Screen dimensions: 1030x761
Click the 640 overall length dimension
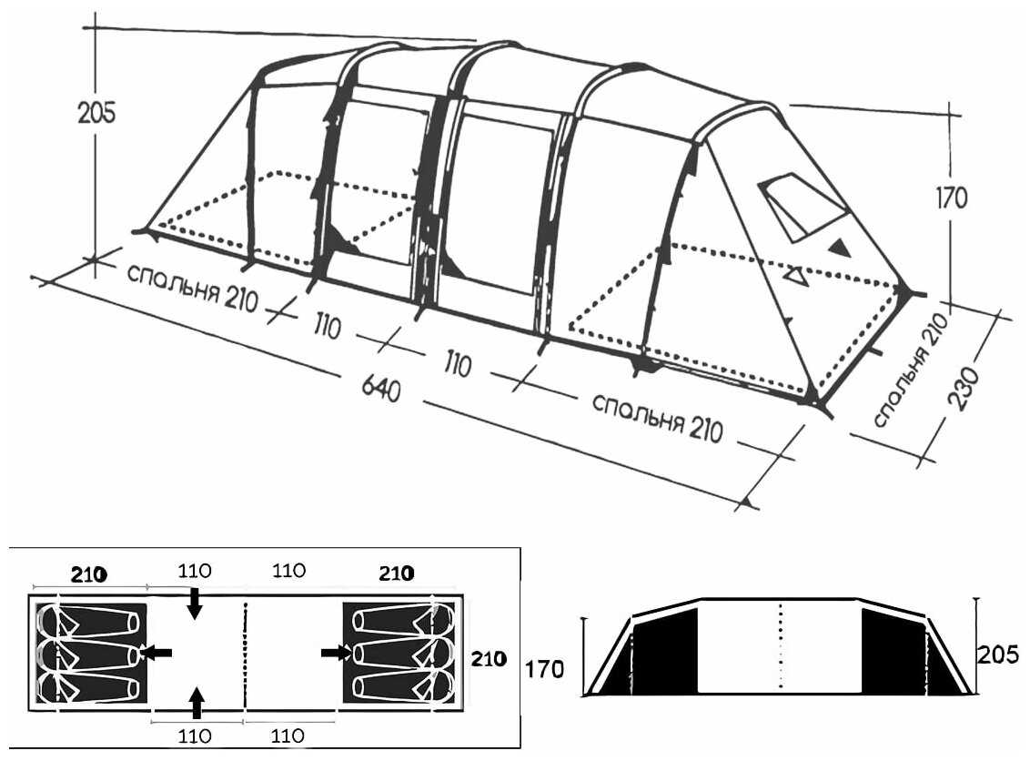380,389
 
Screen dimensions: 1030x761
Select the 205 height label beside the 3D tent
96,112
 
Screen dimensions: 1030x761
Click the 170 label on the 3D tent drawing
952,198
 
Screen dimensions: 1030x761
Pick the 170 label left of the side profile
544,670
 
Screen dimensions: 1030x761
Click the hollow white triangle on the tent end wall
796,275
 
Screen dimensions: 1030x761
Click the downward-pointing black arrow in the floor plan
195,604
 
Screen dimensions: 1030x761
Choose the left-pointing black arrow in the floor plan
157,653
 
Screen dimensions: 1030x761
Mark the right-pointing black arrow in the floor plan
337,653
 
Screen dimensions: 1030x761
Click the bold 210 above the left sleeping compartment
88,574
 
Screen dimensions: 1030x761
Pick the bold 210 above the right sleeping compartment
396,573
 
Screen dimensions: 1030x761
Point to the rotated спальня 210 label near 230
911,370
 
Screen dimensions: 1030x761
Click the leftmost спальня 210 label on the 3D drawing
191,289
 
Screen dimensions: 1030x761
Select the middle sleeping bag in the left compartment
89,654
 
